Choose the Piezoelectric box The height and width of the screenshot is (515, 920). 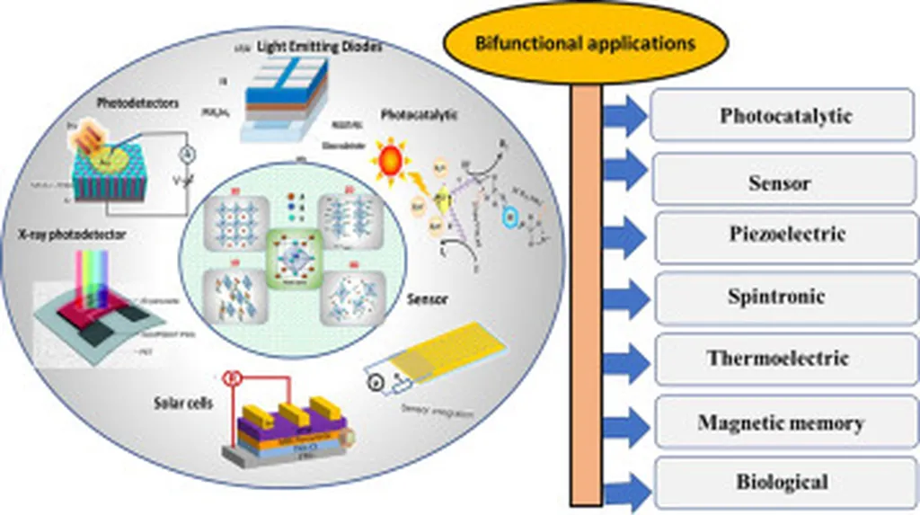click(787, 236)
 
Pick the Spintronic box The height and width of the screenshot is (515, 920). click(776, 297)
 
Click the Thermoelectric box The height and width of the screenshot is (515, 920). click(776, 359)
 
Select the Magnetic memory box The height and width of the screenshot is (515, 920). click(780, 422)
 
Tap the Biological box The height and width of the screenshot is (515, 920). click(782, 483)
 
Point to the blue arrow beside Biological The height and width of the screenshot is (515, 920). click(625, 490)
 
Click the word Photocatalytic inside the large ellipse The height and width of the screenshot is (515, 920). click(420, 115)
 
